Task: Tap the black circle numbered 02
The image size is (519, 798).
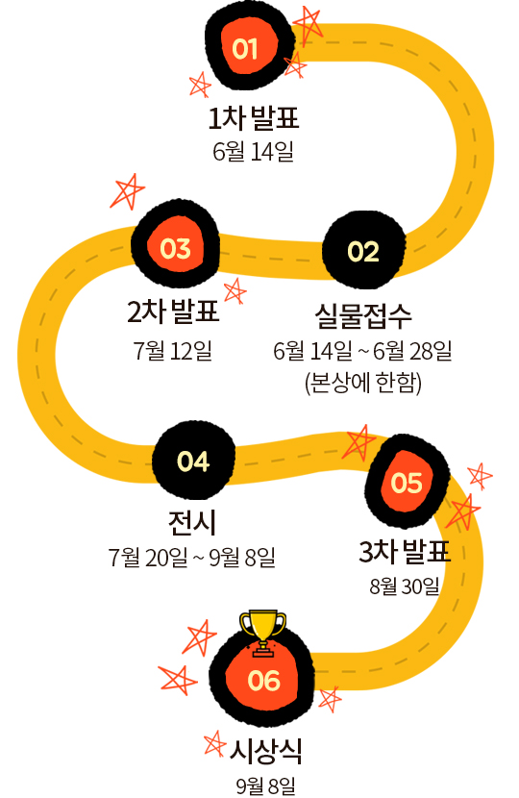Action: coord(364,250)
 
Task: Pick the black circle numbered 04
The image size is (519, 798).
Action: coord(193,461)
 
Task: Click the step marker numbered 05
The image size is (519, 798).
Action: coord(408,481)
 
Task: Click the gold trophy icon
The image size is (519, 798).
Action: coord(262,631)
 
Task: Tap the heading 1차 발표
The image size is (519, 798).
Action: coord(254,117)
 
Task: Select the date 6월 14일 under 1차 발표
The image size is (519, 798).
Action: coord(253,151)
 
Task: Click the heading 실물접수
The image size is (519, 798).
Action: coord(363,315)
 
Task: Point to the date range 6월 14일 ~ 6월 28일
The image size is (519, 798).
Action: coord(362,351)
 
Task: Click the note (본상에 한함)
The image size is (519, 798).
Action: coord(362,383)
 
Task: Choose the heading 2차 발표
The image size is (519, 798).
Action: coord(173,312)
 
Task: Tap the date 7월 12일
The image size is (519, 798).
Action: coord(172,351)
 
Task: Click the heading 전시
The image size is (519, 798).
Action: coord(192,523)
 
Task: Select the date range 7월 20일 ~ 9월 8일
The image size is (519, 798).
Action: coord(191,558)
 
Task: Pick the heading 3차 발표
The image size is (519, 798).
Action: coord(405,552)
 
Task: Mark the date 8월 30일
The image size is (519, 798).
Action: coord(405,586)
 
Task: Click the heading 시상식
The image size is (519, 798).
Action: coord(265,751)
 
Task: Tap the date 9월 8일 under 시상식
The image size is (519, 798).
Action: coord(265,786)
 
